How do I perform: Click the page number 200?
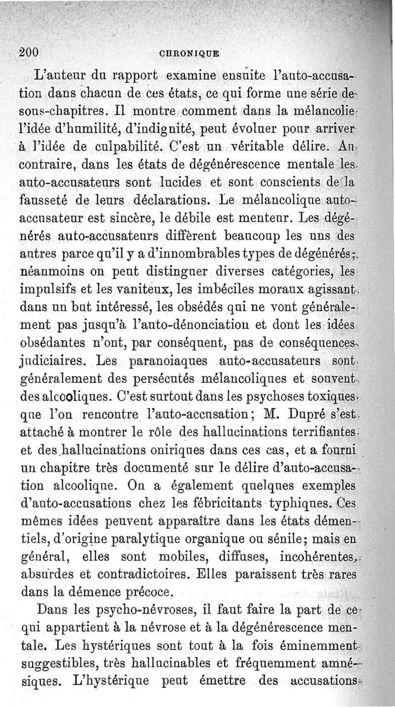(x=30, y=52)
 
